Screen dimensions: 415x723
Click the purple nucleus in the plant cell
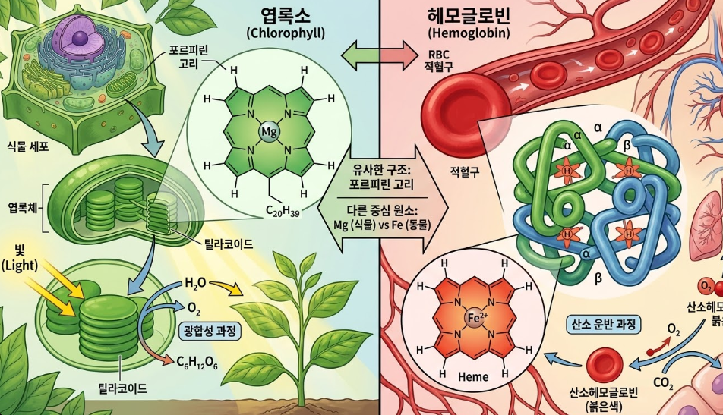pos(74,36)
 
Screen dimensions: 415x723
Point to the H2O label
pos(196,283)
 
